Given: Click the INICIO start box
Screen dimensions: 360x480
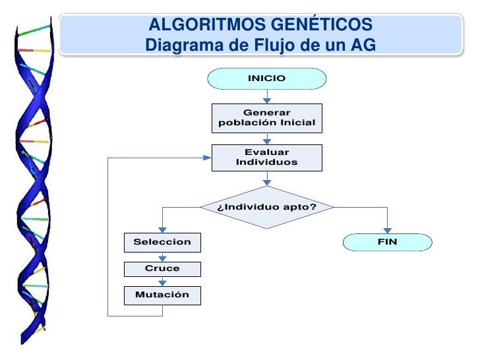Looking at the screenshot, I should [266, 78].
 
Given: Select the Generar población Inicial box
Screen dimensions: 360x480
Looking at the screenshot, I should [266, 118].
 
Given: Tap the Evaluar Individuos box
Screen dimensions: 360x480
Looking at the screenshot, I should [266, 157].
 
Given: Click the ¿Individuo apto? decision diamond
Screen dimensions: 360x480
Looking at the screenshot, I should [266, 208].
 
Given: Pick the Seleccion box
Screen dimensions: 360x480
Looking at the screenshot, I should [162, 242].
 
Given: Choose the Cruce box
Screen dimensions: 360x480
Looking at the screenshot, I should [162, 268].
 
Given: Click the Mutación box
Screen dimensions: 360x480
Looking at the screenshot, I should [162, 295].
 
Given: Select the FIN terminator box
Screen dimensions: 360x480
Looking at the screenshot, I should [387, 242].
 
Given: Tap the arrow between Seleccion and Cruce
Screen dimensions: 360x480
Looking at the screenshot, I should [162, 256].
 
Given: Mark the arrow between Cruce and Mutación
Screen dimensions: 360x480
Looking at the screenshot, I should [162, 282].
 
